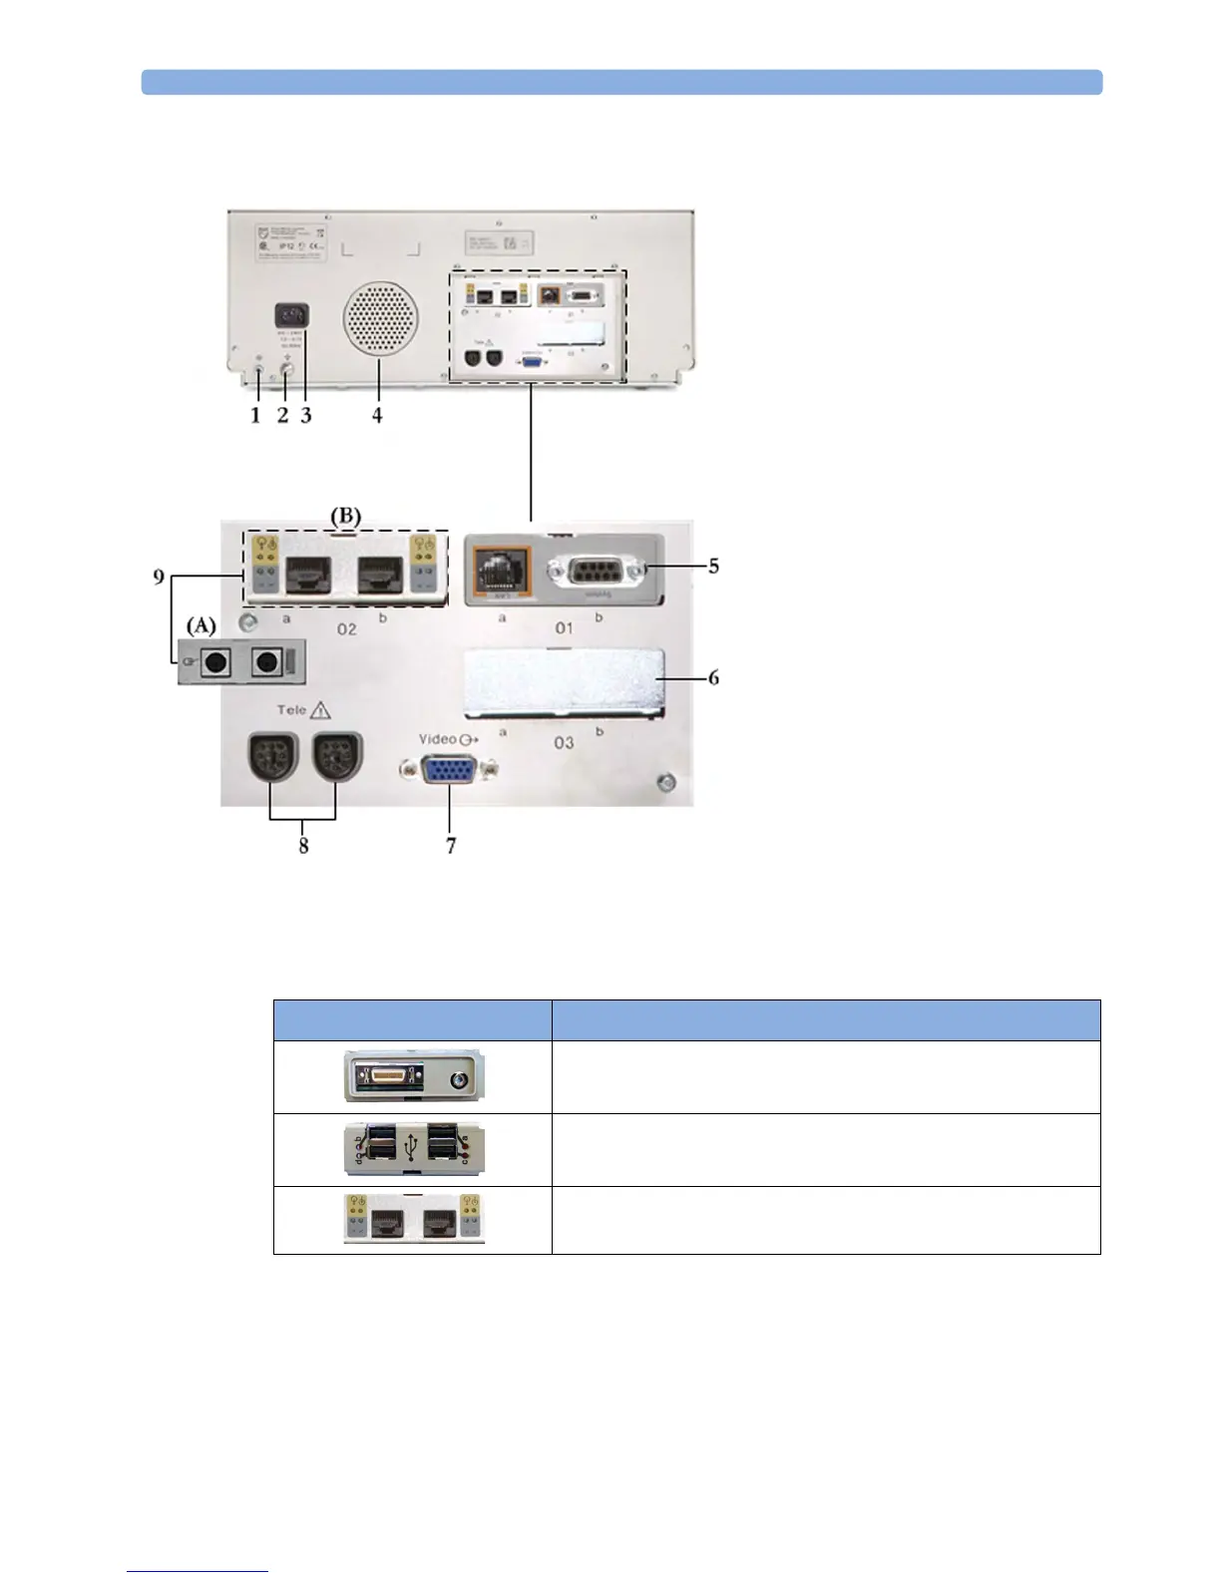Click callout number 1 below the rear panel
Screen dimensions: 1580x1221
click(255, 415)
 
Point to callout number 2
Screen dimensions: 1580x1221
click(283, 415)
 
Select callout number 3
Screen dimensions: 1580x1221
click(306, 415)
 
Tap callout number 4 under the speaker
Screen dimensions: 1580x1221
click(377, 415)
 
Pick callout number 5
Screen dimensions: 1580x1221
click(713, 566)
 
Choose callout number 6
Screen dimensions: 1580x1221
click(713, 677)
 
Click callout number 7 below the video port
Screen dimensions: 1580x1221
click(451, 846)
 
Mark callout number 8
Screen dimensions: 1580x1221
click(303, 846)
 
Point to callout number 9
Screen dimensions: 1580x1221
click(160, 577)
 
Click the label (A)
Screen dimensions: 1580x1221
click(202, 624)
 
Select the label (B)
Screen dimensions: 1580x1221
click(345, 517)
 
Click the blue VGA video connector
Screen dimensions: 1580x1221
click(449, 771)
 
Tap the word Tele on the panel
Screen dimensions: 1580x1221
click(291, 710)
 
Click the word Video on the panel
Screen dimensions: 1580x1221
click(437, 739)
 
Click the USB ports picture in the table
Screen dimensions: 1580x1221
click(413, 1149)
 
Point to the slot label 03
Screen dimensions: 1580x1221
click(564, 742)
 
